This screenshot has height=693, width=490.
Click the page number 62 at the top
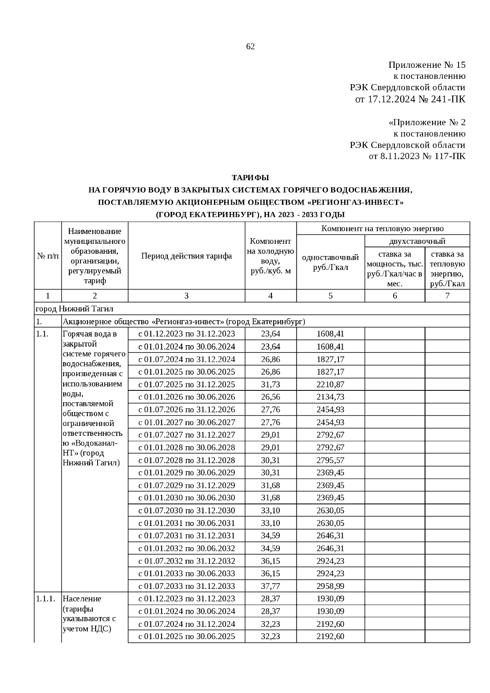(x=250, y=47)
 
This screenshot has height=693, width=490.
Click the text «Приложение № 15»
(x=427, y=65)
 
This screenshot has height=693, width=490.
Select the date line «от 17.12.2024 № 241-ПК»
(x=410, y=99)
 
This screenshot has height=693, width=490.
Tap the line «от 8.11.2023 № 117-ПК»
(x=417, y=156)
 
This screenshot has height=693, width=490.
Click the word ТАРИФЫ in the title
(x=250, y=178)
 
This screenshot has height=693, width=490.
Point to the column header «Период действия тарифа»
(x=187, y=256)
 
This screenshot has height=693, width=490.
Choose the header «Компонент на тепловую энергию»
(x=383, y=229)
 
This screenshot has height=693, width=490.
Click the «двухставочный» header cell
(x=417, y=241)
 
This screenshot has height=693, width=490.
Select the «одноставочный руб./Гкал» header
(x=330, y=262)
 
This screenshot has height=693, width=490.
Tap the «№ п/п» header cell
(x=48, y=256)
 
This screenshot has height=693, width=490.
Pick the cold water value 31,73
(x=270, y=384)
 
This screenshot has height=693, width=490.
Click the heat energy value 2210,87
(x=330, y=384)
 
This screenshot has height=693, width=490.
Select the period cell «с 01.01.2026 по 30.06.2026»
(x=187, y=397)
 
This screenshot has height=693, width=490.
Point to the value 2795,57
(x=330, y=460)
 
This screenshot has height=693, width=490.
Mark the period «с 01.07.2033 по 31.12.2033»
(x=187, y=586)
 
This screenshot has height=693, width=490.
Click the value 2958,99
(x=330, y=586)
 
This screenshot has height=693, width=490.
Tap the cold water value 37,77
(x=270, y=586)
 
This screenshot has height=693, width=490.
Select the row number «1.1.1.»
(x=45, y=599)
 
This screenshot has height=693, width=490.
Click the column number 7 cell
(x=447, y=296)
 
